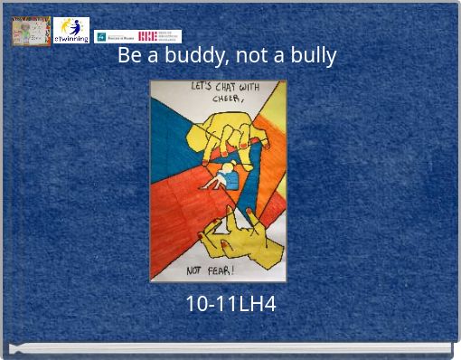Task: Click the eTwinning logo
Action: point(71,31)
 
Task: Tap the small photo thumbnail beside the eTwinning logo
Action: point(31,32)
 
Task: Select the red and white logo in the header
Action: point(159,36)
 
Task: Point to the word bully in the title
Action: point(313,56)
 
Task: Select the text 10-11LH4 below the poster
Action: point(230,305)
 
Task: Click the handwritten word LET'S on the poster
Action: point(202,88)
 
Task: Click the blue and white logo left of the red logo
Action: point(113,37)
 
